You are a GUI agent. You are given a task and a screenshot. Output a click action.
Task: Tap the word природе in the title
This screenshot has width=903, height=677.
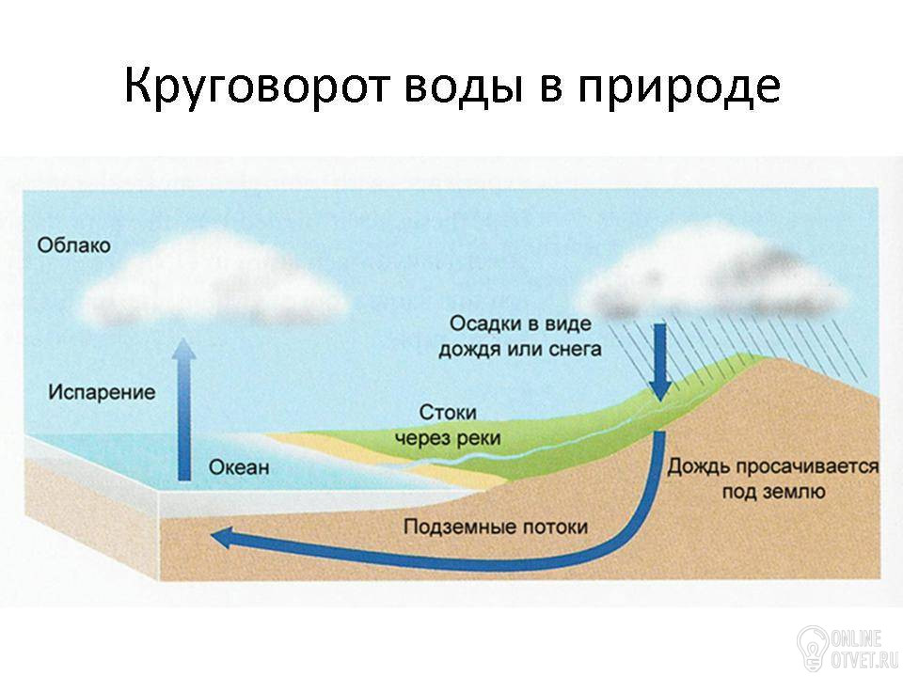679,87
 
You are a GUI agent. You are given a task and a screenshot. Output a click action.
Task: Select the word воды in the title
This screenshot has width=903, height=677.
459,87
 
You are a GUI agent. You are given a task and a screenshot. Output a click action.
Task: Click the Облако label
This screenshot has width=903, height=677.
73,245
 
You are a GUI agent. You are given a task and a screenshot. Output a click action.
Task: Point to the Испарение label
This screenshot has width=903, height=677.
102,392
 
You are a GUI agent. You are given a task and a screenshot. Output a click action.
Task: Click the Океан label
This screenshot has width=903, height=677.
238,466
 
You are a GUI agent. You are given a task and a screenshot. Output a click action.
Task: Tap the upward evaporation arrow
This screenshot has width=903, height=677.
184,409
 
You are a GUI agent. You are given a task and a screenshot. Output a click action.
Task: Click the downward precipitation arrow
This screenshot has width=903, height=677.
660,361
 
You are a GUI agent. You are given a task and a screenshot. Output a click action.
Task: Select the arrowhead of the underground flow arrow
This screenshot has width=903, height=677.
224,538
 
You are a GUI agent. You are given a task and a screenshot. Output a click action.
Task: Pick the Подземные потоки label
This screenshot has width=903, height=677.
496,527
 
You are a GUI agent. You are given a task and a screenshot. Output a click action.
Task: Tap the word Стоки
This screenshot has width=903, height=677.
448,412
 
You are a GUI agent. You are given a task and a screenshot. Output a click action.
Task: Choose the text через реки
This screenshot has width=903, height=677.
447,438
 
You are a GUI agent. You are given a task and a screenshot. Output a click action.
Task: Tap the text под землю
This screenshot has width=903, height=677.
773,492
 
